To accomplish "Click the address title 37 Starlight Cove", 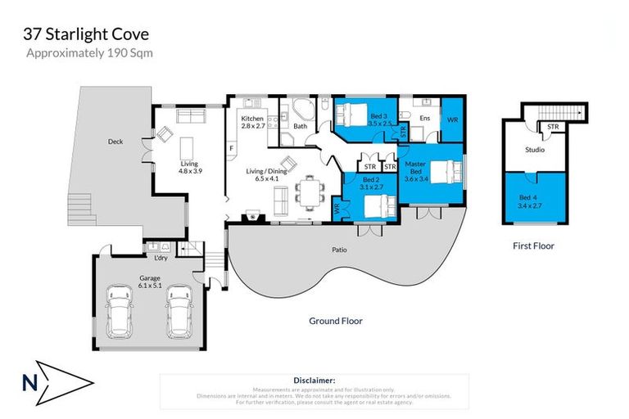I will (x=85, y=34).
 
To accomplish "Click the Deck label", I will (x=115, y=142).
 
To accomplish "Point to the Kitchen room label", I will (x=252, y=123).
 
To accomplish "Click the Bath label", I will (x=300, y=126).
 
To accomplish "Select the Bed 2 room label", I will (x=372, y=182).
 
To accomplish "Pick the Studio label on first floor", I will (x=534, y=150).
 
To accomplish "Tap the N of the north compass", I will (x=28, y=381).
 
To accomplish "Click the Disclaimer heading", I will (x=314, y=381).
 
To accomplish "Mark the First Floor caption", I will (x=534, y=246).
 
